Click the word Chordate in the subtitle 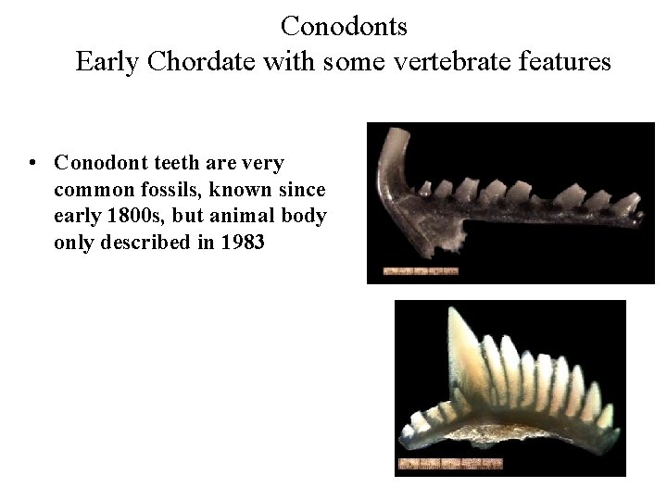(198, 62)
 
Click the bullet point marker (33, 164)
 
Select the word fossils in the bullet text (157, 190)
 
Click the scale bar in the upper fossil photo (422, 271)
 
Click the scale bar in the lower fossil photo (449, 462)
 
